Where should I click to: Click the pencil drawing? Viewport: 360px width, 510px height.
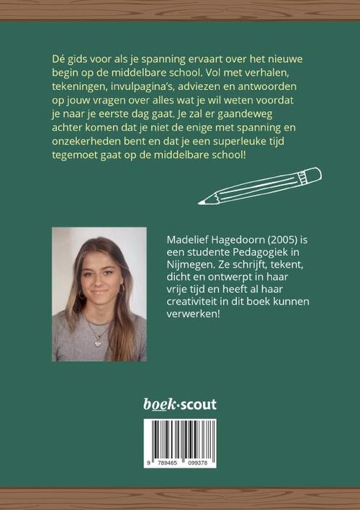click(260, 186)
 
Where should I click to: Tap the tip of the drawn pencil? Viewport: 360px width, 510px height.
click(201, 202)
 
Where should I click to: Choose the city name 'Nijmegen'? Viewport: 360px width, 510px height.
click(189, 264)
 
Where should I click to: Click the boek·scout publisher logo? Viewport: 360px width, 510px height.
click(179, 404)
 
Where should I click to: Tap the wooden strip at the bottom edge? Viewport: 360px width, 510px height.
click(180, 498)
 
